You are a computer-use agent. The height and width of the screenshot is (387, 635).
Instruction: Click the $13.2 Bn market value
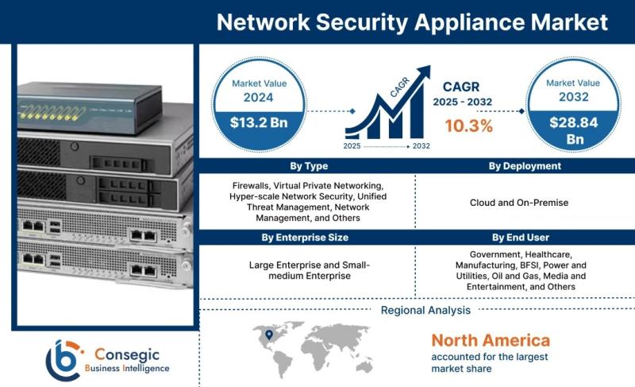pos(259,122)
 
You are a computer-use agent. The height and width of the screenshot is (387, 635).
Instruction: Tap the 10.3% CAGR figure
pos(469,126)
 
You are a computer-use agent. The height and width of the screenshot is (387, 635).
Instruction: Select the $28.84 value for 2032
pos(573,122)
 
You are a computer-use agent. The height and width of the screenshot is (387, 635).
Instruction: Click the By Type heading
pos(309,166)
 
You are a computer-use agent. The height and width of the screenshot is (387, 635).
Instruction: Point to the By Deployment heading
pos(525,166)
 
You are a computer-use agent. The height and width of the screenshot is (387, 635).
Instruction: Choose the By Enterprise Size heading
pos(305,238)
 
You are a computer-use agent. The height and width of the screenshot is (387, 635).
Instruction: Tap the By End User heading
pos(521,238)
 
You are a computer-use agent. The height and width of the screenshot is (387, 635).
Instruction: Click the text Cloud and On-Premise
pos(519,203)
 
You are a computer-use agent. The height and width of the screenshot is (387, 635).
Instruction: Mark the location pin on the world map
pos(268,335)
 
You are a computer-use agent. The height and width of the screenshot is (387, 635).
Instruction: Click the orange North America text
pos(491,340)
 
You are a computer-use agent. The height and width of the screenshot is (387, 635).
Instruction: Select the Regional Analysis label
pos(425,311)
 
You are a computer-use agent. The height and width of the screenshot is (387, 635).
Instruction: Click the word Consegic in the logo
pos(127,354)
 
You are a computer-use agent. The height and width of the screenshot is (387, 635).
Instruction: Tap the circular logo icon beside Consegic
pos(64,360)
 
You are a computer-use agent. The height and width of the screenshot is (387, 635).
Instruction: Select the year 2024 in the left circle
pos(259,97)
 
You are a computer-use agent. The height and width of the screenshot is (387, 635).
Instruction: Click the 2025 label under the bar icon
pos(352,146)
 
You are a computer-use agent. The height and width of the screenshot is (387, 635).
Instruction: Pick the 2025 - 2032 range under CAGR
pos(463,102)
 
